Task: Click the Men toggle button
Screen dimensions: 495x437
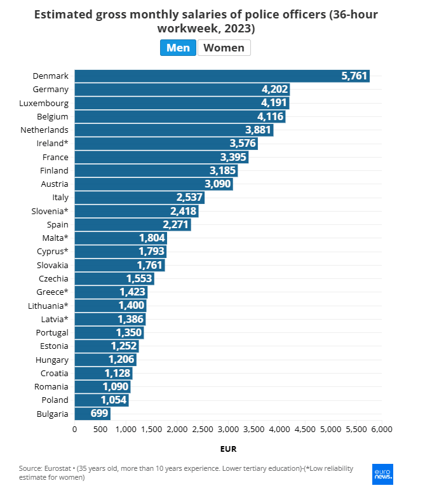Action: pyautogui.click(x=178, y=48)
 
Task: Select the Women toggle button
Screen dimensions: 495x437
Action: pyautogui.click(x=224, y=48)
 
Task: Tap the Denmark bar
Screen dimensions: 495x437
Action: pyautogui.click(x=222, y=76)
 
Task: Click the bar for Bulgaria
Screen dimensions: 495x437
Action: pyautogui.click(x=92, y=414)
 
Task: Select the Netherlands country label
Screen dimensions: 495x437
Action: pyautogui.click(x=46, y=130)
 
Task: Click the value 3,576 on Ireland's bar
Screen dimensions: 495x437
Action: pyautogui.click(x=242, y=143)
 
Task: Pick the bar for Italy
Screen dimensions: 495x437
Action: pyautogui.click(x=139, y=197)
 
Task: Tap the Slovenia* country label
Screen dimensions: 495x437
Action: pyautogui.click(x=50, y=211)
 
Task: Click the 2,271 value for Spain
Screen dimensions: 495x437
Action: pyautogui.click(x=175, y=224)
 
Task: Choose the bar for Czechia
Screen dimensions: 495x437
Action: pyautogui.click(x=114, y=278)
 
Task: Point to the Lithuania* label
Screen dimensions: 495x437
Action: pyautogui.click(x=46, y=306)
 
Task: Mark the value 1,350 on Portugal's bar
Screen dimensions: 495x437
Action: pyautogui.click(x=129, y=332)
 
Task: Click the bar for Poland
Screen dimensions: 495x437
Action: pyautogui.click(x=102, y=400)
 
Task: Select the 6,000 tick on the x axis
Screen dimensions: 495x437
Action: pyautogui.click(x=381, y=430)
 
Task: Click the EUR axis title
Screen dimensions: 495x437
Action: pyautogui.click(x=228, y=449)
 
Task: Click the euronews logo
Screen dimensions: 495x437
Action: pyautogui.click(x=382, y=473)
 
